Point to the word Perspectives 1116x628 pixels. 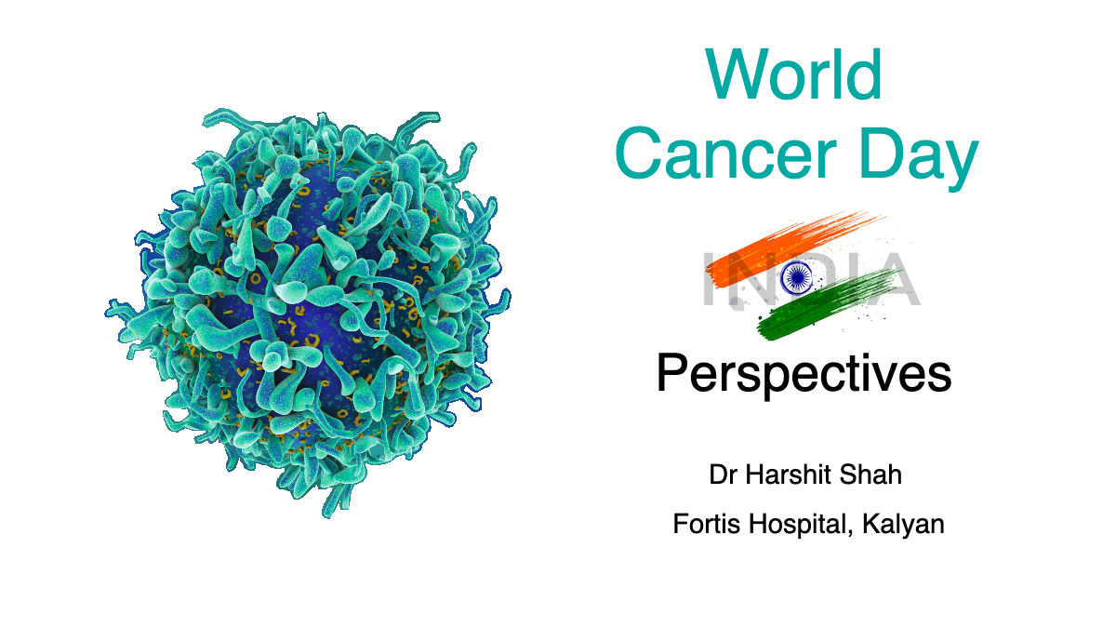(x=804, y=374)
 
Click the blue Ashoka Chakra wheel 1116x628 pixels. (x=797, y=275)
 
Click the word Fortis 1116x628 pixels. (x=703, y=524)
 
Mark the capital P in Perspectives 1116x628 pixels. (x=673, y=374)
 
